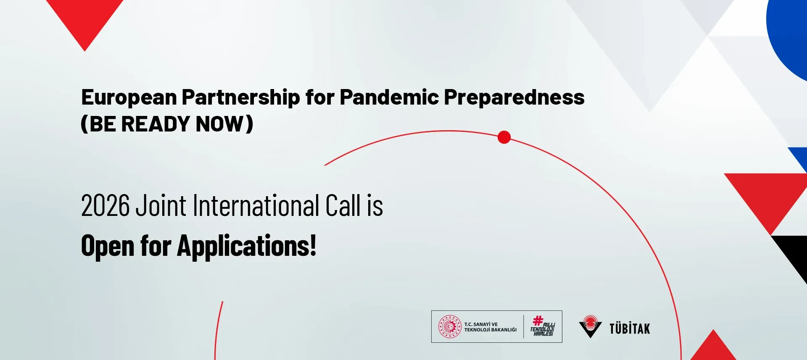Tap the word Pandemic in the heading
(x=389, y=97)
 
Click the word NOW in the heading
(x=220, y=124)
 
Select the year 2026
(x=105, y=206)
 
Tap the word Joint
(x=161, y=206)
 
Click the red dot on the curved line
(x=504, y=137)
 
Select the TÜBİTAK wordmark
(x=630, y=328)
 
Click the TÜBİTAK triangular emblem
(x=590, y=326)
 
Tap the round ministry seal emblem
(x=450, y=327)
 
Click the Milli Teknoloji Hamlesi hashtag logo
(x=543, y=326)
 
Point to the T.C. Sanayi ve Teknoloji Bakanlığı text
(x=491, y=327)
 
